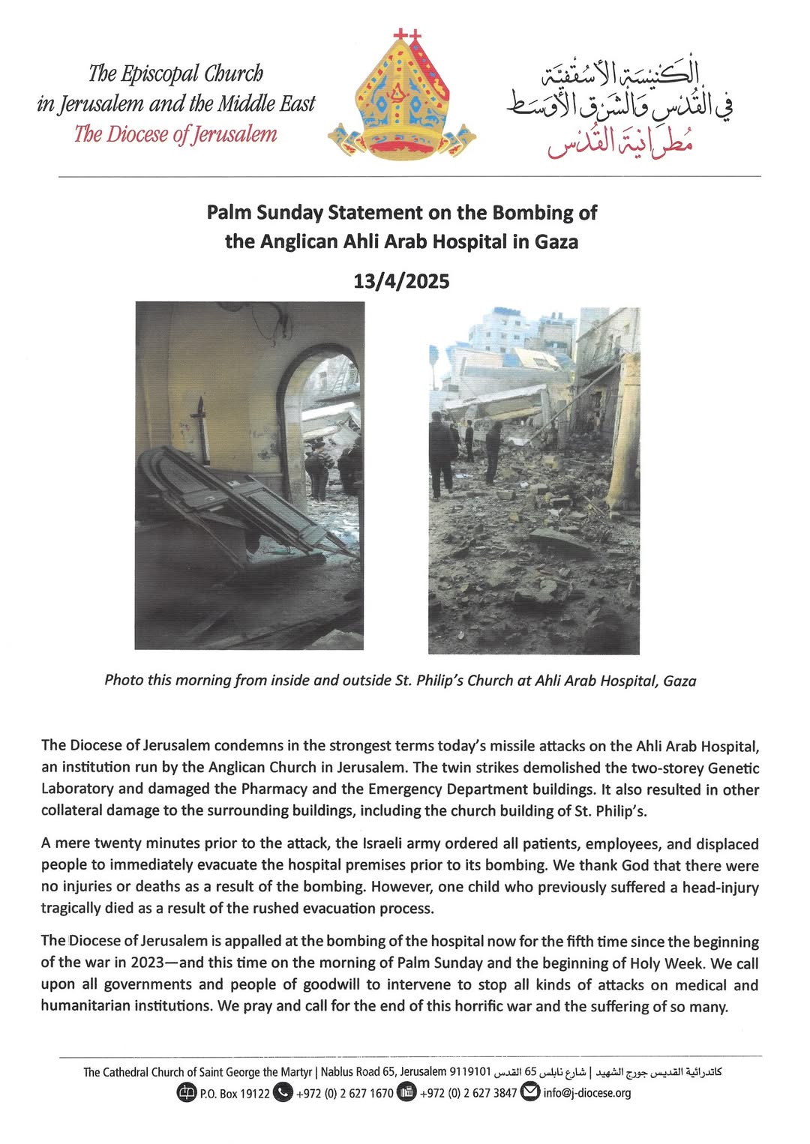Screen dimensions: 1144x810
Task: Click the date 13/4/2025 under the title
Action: [401, 282]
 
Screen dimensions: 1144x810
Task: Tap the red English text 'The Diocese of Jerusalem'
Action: [175, 134]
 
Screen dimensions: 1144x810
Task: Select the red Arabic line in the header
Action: [619, 139]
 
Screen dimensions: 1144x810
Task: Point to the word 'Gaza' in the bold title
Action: [556, 242]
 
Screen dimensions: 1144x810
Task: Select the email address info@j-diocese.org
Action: [586, 1093]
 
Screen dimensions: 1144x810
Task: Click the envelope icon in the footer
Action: [530, 1092]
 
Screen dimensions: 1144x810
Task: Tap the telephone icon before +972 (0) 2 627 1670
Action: [283, 1092]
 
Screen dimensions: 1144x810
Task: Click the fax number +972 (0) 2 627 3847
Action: [468, 1093]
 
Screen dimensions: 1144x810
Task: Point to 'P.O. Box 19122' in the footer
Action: [234, 1093]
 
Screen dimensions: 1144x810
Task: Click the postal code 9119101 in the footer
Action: [469, 1072]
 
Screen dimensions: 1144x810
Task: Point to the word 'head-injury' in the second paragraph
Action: [720, 888]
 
